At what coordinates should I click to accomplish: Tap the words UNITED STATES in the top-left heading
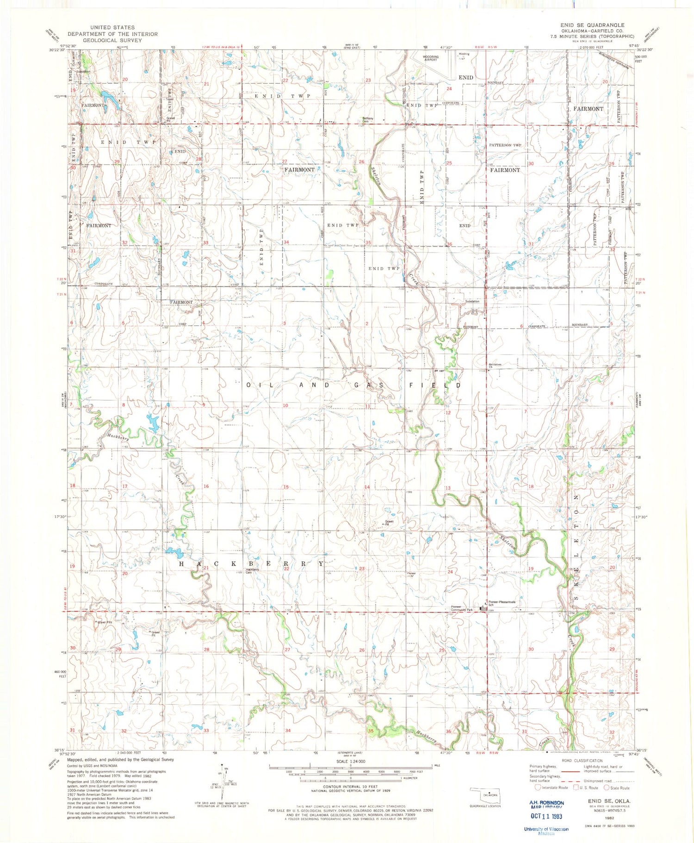(x=112, y=28)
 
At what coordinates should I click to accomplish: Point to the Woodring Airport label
(x=430, y=58)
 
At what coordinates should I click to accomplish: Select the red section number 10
(x=285, y=405)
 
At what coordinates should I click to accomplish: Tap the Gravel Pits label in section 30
(x=105, y=622)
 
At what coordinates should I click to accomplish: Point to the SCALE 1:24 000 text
(x=351, y=761)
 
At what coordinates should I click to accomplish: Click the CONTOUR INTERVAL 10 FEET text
(x=351, y=786)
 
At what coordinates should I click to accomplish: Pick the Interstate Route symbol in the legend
(x=538, y=787)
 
